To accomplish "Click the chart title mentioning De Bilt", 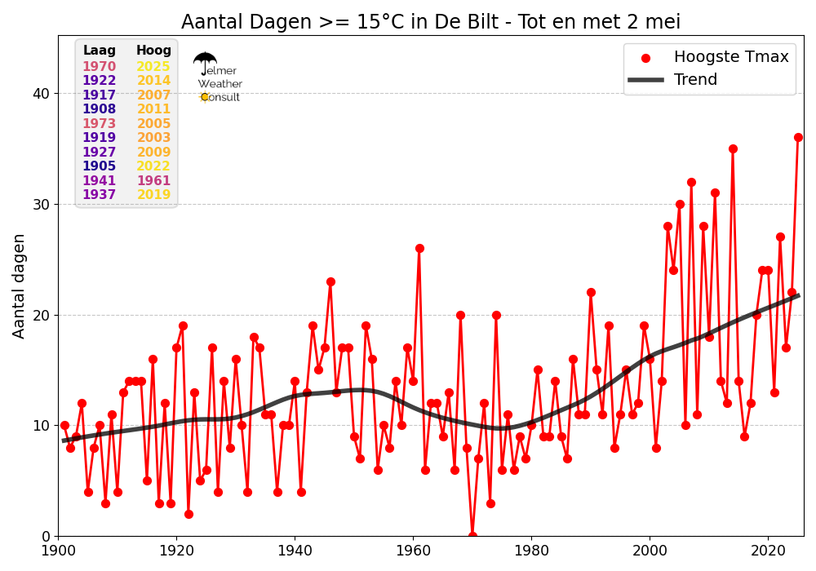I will [430, 22].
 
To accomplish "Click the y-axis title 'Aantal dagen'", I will [20, 285].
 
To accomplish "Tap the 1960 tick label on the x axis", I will [413, 551].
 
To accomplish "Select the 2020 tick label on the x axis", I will [768, 551].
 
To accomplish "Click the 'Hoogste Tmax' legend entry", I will [730, 57].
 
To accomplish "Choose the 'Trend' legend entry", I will [695, 80].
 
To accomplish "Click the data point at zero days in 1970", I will [472, 535].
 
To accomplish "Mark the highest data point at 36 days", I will [798, 137].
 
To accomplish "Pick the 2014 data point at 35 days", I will [733, 148].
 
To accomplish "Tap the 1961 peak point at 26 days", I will [419, 248].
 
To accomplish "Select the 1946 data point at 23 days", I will [330, 281].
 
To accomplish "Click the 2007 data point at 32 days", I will [691, 182].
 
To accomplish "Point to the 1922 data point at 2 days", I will [188, 514].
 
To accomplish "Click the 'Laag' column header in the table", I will [100, 51].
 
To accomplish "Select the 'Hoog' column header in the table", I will [153, 51].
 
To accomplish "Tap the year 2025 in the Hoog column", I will [153, 67].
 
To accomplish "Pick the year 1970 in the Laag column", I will [100, 67].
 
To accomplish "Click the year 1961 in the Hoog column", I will [153, 181].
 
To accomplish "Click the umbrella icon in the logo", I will [205, 61].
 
